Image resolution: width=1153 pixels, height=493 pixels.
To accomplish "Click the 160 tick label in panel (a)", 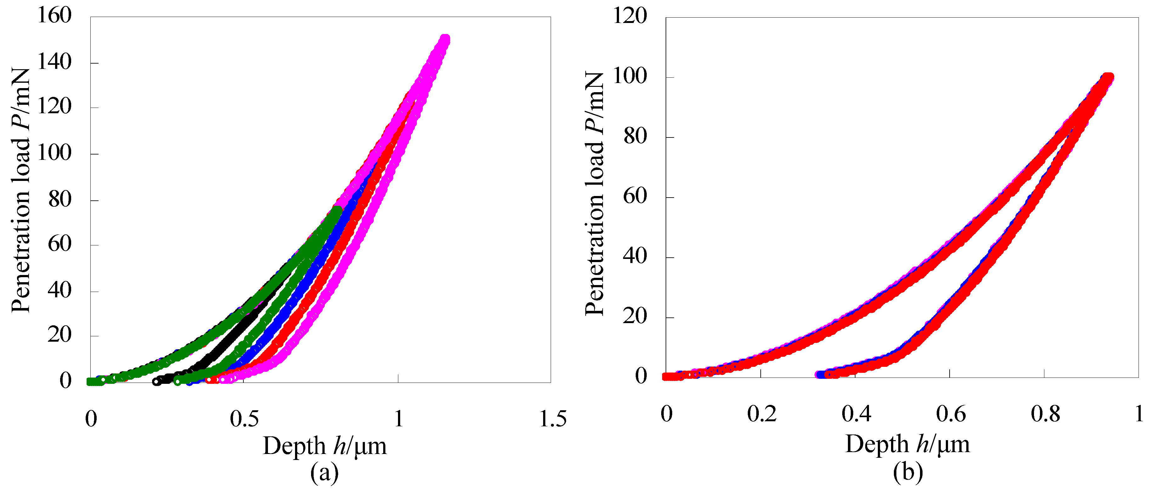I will (54, 16).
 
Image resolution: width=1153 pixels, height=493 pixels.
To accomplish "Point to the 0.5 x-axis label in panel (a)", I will (244, 419).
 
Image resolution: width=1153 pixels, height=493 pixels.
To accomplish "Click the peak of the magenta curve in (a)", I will (445, 39).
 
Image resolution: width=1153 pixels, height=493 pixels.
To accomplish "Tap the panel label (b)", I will (908, 473).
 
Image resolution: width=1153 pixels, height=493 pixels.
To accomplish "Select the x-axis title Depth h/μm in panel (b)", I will (907, 444).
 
